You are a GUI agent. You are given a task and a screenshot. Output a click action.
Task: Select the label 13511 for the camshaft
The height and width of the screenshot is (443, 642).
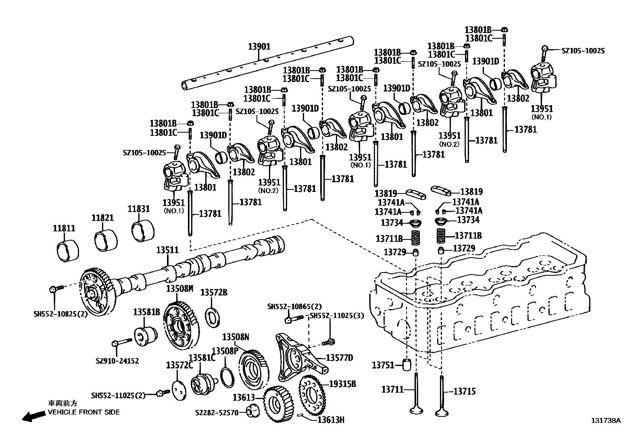pyautogui.click(x=167, y=250)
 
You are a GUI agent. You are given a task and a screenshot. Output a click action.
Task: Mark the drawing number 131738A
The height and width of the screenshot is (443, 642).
pyautogui.click(x=606, y=420)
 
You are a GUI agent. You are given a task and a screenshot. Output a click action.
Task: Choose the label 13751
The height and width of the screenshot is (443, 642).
pyautogui.click(x=382, y=365)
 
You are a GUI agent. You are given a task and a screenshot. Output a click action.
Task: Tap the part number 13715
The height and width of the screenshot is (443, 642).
pyautogui.click(x=465, y=391)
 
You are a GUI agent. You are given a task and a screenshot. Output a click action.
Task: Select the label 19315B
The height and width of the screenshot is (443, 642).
pyautogui.click(x=342, y=384)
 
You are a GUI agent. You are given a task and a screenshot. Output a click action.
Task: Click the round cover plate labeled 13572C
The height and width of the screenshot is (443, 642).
pyautogui.click(x=179, y=390)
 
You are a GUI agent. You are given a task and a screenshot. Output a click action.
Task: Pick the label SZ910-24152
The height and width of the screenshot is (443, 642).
pyautogui.click(x=117, y=361)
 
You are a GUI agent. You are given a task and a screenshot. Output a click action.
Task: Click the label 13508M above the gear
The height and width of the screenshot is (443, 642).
pyautogui.click(x=180, y=288)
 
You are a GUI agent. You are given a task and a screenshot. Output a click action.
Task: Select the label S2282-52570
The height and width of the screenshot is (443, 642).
pyautogui.click(x=217, y=413)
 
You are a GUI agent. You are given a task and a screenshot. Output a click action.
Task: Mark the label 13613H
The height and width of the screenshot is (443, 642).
pyautogui.click(x=331, y=420)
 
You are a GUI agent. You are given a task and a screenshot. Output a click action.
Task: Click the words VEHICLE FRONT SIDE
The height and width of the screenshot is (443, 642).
pyautogui.click(x=84, y=412)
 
